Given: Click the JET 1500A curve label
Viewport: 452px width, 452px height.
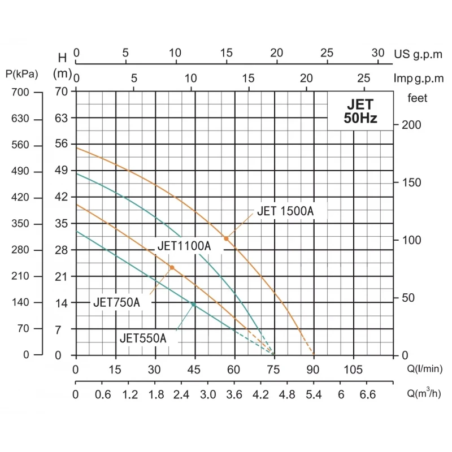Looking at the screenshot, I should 285,212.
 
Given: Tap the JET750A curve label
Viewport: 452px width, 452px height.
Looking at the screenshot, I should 116,303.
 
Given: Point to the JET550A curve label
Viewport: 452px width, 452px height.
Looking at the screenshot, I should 143,338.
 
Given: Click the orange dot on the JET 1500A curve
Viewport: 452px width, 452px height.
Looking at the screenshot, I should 226,239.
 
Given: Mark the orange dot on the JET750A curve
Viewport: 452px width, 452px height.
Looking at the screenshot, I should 172,267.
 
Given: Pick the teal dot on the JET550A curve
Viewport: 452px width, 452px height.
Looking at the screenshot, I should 193,304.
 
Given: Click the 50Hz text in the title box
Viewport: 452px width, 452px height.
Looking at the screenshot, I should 360,119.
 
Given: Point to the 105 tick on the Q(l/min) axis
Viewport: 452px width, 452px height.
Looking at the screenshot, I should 353,370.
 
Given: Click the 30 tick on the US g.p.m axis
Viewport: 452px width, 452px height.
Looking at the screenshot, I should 379,53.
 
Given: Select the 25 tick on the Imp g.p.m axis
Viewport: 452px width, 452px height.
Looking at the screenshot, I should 364,78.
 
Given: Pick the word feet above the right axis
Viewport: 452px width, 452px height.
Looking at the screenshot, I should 418,98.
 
